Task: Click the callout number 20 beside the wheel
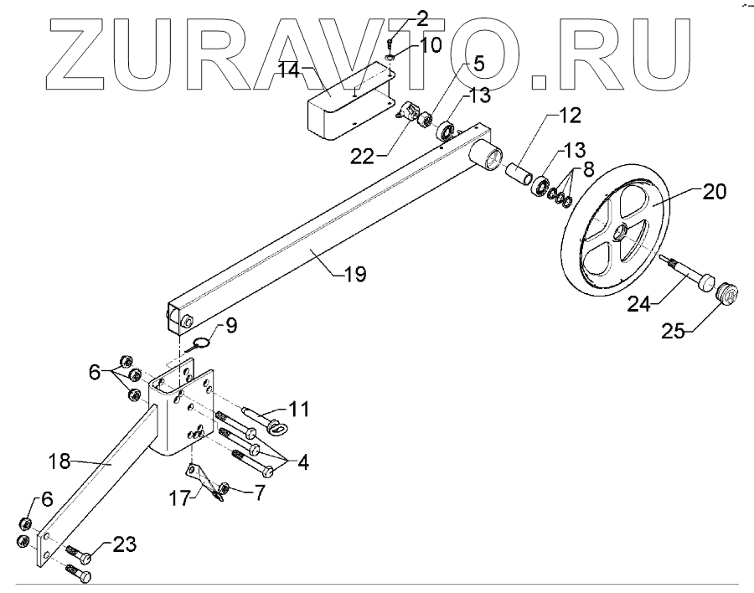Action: pyautogui.click(x=715, y=192)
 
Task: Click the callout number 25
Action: pyautogui.click(x=679, y=333)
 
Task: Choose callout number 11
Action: pyautogui.click(x=300, y=410)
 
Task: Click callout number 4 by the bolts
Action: pyautogui.click(x=299, y=462)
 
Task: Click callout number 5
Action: pyautogui.click(x=479, y=62)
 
